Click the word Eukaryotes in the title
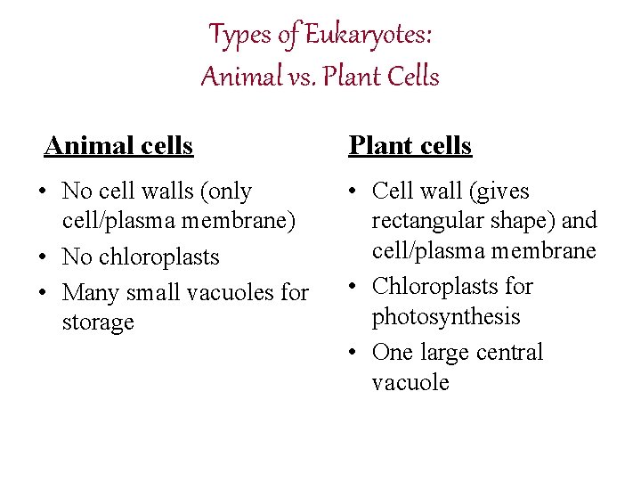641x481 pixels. click(x=368, y=36)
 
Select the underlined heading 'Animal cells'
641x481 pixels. click(x=118, y=145)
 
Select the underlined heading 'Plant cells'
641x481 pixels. click(x=410, y=145)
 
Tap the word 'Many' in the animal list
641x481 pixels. click(x=92, y=292)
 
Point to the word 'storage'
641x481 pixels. click(x=98, y=322)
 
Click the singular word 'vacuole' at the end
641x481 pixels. click(x=410, y=383)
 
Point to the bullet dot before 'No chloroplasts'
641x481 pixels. click(x=44, y=257)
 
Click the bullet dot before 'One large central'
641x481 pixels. click(x=354, y=353)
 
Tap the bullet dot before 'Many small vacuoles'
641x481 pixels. click(x=44, y=293)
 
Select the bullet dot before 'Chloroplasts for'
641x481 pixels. click(x=354, y=287)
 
